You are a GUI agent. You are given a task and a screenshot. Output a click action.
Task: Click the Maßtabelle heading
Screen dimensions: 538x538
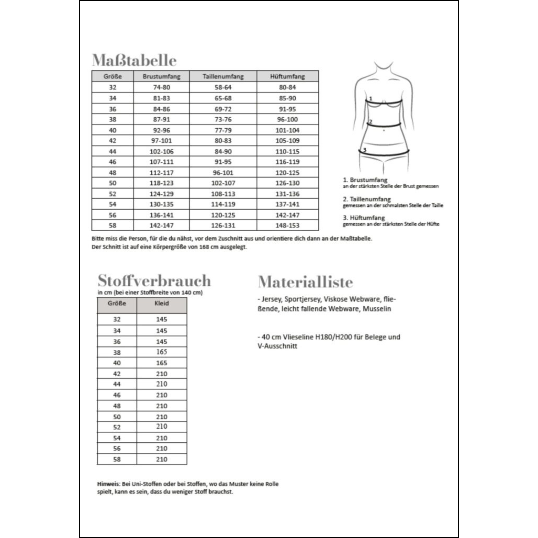(134, 60)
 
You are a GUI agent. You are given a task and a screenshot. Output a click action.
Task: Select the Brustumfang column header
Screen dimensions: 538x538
(161, 76)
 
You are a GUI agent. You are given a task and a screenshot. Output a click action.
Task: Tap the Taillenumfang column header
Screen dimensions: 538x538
(223, 76)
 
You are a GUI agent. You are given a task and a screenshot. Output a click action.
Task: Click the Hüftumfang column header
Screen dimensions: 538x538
(287, 76)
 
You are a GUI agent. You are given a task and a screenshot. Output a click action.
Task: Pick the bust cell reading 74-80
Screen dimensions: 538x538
(161, 87)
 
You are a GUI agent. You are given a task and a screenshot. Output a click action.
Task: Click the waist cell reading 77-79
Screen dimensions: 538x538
(223, 130)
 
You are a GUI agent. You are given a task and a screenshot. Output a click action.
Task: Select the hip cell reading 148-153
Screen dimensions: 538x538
(287, 225)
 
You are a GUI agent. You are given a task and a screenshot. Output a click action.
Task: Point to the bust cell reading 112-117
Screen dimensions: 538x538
(161, 173)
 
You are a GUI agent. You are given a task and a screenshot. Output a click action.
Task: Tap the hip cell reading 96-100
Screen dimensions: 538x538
(287, 119)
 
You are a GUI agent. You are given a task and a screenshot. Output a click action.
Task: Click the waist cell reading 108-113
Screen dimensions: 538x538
(223, 194)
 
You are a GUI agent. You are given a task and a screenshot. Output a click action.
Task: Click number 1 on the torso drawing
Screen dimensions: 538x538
(371, 98)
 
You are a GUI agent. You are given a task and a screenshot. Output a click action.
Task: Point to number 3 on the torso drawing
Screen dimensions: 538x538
(364, 150)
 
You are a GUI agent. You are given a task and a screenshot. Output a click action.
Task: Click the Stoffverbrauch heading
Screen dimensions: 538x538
(154, 280)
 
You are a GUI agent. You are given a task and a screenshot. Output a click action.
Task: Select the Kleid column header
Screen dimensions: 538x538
(161, 303)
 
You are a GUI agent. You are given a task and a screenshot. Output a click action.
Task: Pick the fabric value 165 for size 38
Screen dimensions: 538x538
(161, 352)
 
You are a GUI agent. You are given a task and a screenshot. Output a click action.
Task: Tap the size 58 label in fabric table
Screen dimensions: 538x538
(117, 459)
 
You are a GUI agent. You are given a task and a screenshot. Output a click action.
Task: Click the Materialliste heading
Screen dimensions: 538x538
(306, 282)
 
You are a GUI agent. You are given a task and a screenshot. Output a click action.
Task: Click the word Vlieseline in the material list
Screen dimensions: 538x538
(298, 337)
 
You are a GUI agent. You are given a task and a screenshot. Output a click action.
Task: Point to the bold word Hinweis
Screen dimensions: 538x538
(108, 484)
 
